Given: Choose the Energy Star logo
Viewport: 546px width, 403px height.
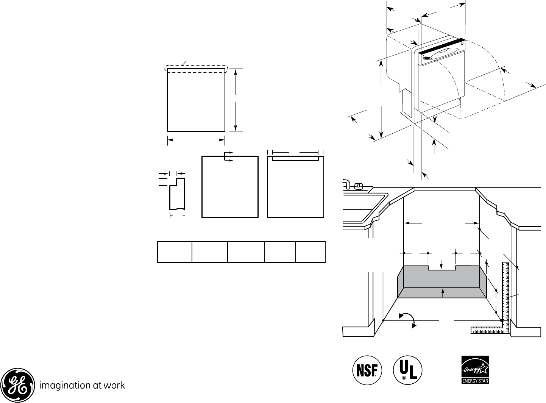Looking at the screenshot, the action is point(475,370).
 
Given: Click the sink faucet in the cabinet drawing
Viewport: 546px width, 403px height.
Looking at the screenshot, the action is point(353,185).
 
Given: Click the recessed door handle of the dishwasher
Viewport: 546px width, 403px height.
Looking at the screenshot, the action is point(439,55).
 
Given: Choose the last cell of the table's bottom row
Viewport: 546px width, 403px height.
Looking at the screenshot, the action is point(310,257).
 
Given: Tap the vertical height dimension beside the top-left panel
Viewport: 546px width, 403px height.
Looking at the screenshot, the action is point(236,100).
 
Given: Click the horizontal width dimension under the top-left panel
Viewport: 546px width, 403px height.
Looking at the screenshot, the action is point(196,140).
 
